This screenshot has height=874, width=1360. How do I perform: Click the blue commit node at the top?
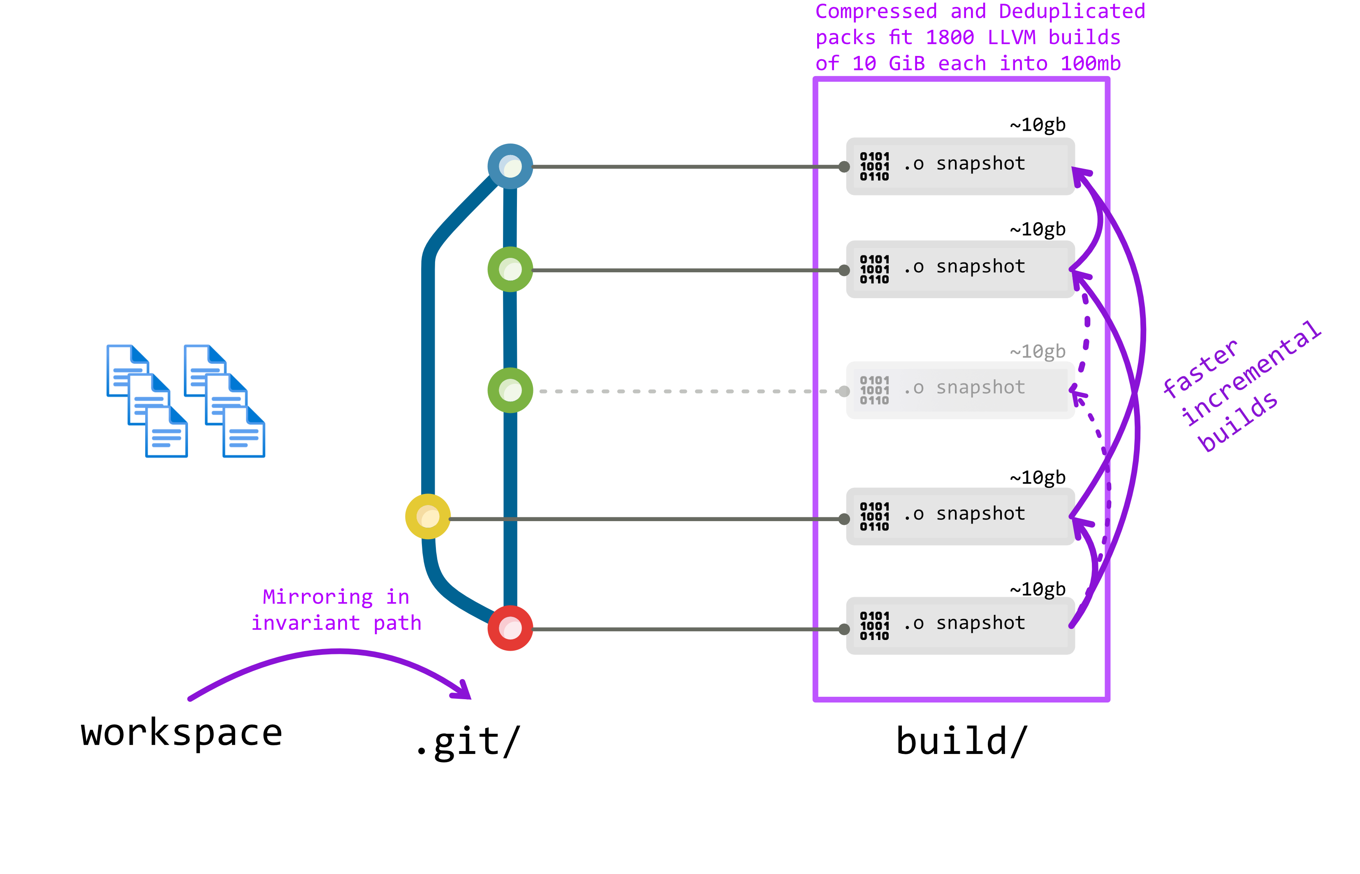(x=510, y=166)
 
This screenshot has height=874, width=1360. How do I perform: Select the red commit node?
(x=510, y=628)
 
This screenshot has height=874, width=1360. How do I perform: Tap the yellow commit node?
(x=428, y=517)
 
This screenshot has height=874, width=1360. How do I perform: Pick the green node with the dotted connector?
(x=510, y=390)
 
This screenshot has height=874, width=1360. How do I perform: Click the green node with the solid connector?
(x=510, y=269)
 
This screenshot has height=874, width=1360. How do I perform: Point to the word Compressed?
(x=876, y=12)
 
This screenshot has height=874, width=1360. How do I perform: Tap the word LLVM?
(x=1011, y=37)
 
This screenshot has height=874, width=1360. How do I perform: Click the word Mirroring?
(x=318, y=597)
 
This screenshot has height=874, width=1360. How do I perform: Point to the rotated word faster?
(x=1200, y=369)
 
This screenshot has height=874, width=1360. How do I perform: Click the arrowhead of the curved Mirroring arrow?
(x=462, y=691)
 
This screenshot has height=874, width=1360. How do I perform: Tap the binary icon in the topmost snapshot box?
(x=874, y=166)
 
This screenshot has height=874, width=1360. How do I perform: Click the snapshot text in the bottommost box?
(x=980, y=623)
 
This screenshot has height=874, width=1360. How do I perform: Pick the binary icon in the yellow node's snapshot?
(x=874, y=517)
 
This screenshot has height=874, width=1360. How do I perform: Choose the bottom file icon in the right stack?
(x=244, y=432)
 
